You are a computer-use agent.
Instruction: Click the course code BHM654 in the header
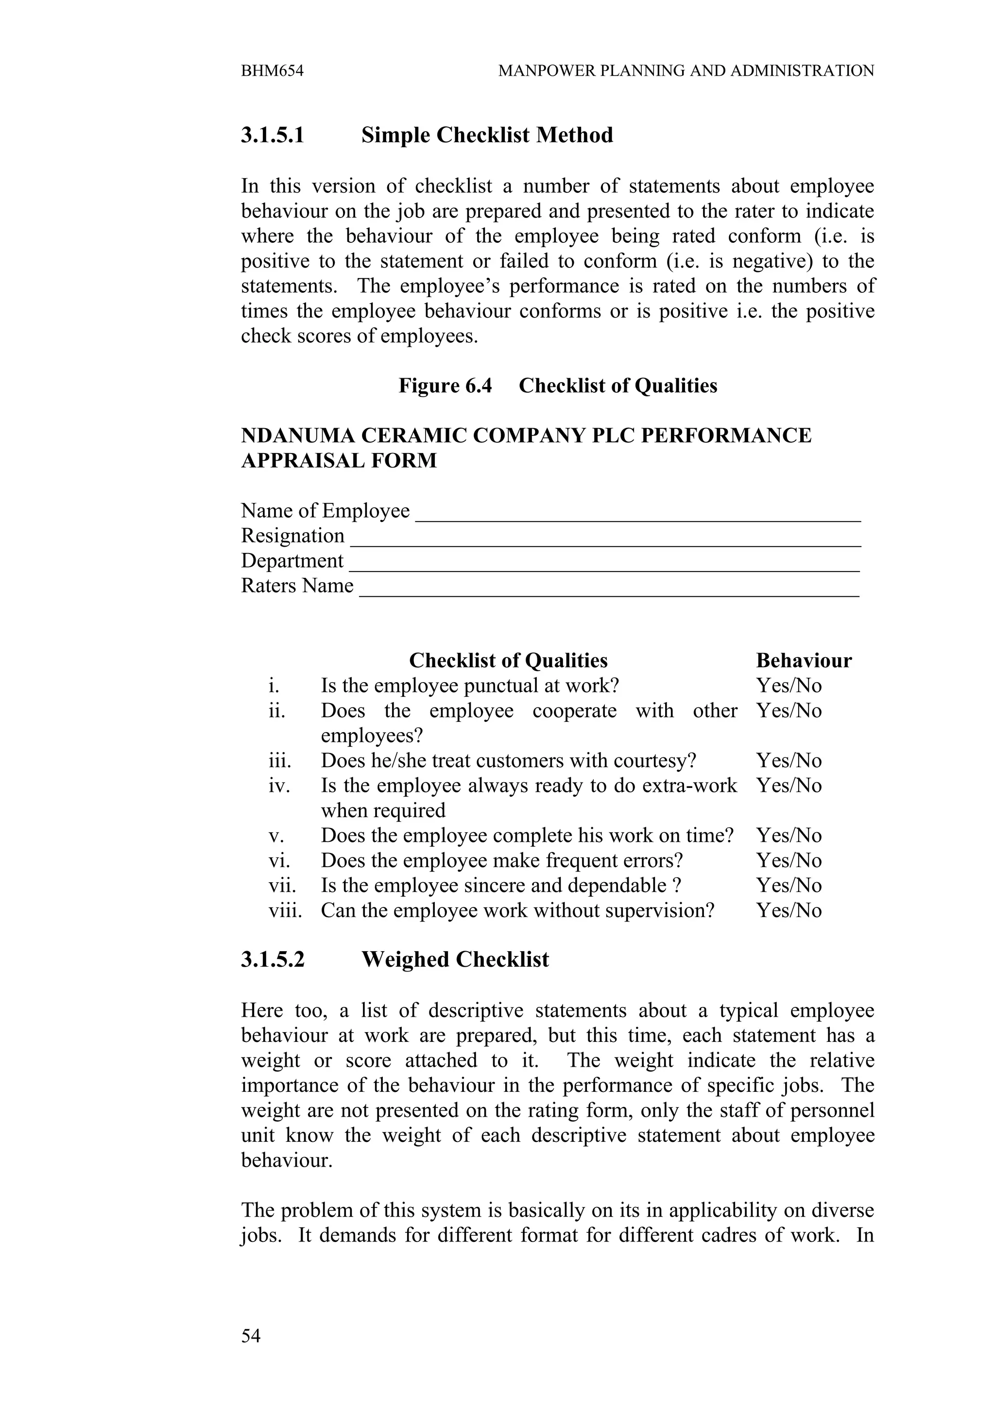[x=272, y=71]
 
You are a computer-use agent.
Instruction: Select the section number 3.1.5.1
[x=272, y=135]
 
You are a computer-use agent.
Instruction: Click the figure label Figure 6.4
[x=445, y=385]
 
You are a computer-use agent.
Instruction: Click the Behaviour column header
[x=803, y=661]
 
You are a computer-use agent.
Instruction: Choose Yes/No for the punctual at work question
[x=789, y=686]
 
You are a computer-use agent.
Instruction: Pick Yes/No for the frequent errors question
[x=789, y=861]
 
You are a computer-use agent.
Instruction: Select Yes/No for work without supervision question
[x=789, y=911]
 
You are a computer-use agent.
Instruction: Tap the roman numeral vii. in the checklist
[x=282, y=886]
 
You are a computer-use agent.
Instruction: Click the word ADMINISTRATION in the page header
[x=802, y=71]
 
